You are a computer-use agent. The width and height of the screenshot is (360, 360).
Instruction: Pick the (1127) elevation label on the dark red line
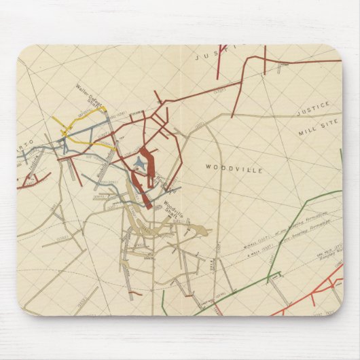(x=219, y=90)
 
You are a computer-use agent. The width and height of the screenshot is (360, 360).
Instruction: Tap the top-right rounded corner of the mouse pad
(x=336, y=52)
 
